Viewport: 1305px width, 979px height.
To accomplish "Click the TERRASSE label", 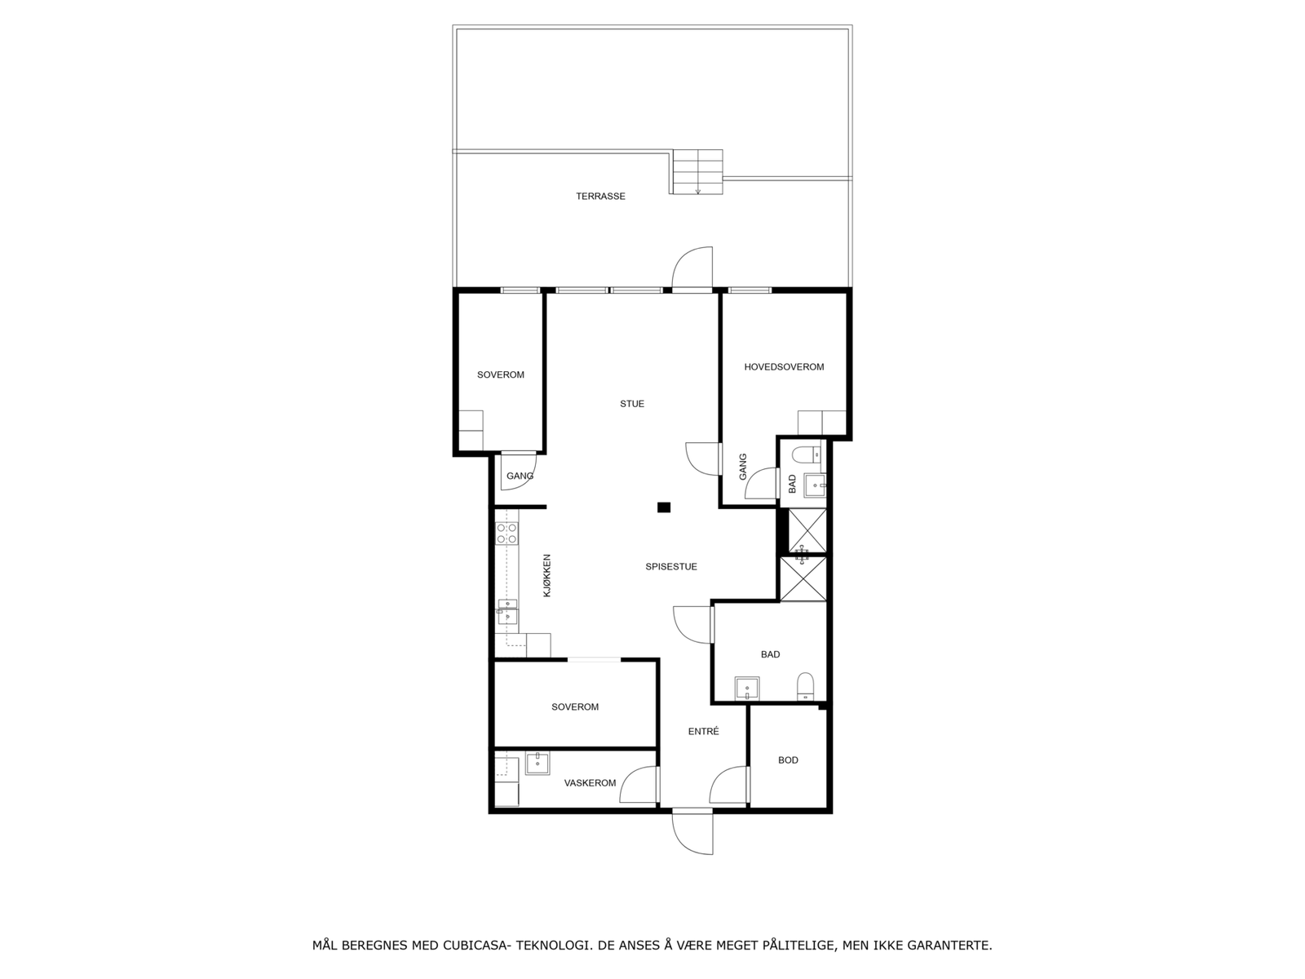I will point(600,197).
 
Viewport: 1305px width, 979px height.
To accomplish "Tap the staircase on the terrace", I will point(697,171).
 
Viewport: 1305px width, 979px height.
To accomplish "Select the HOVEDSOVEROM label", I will point(784,367).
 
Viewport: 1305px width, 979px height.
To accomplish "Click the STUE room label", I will point(632,404).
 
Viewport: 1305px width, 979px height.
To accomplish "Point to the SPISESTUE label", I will point(671,567).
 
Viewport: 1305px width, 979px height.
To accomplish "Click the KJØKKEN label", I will point(547,576).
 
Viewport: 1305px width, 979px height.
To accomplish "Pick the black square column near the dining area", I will point(664,507).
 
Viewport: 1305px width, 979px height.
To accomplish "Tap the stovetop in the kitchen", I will point(507,534).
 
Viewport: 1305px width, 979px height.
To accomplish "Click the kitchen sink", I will point(507,611).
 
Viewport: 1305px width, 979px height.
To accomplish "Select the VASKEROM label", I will point(590,783).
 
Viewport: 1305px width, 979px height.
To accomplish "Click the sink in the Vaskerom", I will point(537,764).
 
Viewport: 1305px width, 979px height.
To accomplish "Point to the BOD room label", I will point(788,760).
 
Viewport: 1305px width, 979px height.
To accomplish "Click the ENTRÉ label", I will point(703,732).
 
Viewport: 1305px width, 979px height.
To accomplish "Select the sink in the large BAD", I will point(747,689).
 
